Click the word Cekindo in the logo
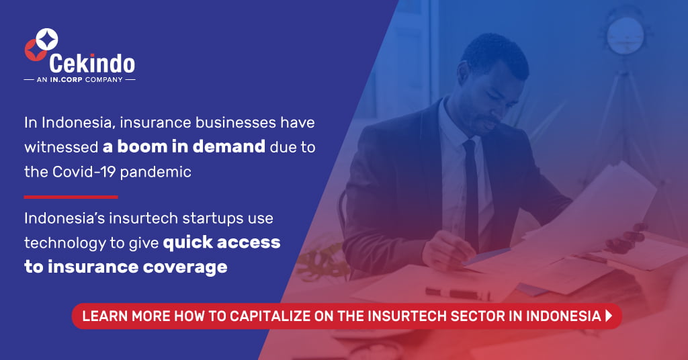click(92, 64)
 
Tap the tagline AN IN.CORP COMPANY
click(79, 80)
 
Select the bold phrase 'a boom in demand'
click(184, 146)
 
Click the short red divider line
click(71, 197)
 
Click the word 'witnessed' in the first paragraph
click(60, 147)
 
